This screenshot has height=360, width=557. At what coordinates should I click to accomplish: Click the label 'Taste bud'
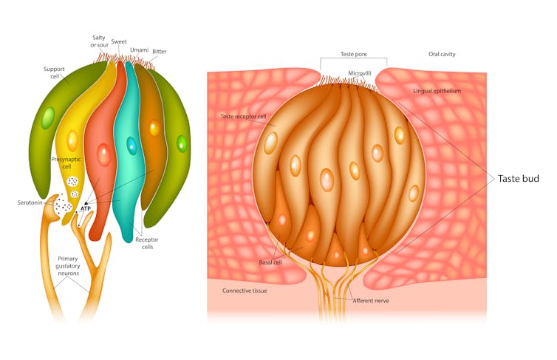pos(518,179)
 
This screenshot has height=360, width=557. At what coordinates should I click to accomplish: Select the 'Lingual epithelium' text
pos(437,91)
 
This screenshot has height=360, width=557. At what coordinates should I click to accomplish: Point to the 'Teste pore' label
pos(353,54)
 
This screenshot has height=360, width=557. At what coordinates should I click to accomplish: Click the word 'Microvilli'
pos(359,73)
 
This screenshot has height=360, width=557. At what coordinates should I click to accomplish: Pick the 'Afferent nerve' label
pos(371,300)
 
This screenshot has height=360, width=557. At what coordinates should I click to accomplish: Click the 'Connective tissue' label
pos(245,291)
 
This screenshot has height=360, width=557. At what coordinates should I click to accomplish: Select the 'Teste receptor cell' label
pos(243,117)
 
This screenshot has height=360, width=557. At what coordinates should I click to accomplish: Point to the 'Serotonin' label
pos(30,203)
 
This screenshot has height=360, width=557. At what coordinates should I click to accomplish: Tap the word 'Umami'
pos(139,50)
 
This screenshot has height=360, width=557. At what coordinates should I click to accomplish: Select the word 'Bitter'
pos(159,52)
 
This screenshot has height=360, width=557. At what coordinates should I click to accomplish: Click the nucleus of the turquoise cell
pos(131,145)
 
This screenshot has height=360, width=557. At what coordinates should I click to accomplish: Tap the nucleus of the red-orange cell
pos(104,155)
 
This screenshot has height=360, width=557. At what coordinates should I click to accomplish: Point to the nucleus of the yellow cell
pos(72,140)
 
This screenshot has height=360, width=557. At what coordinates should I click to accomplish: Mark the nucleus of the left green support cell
pos(48,118)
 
